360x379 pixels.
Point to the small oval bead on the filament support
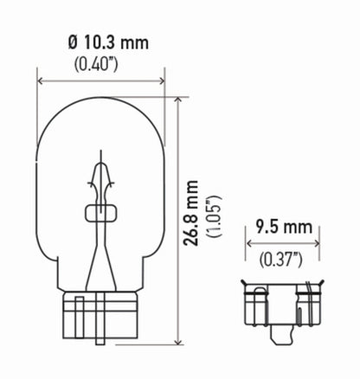tap(100, 212)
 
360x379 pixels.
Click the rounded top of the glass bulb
tap(101, 104)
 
